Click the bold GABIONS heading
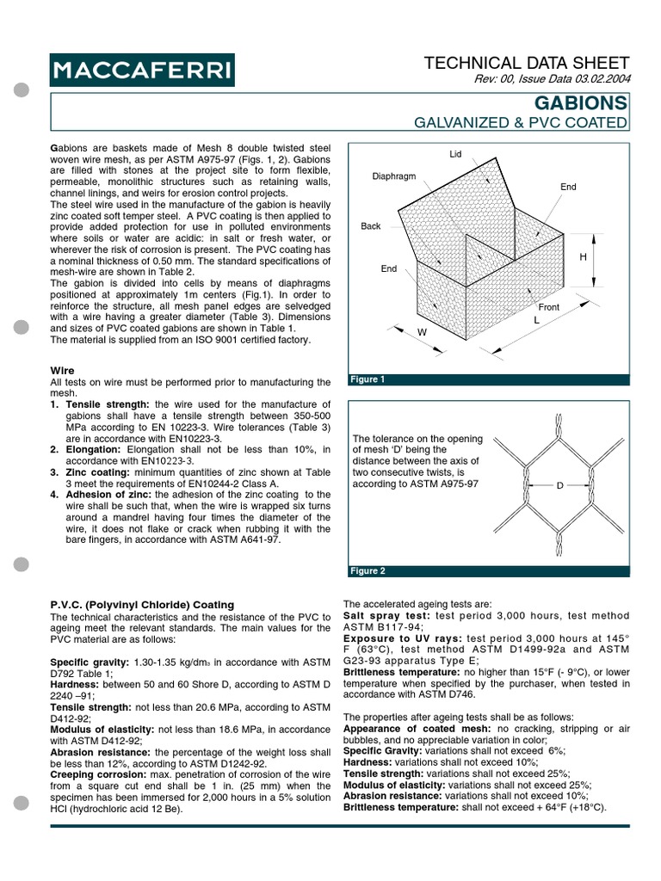pos(582,103)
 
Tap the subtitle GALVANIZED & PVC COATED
pos(522,123)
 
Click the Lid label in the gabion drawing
pos(456,154)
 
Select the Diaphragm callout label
pos(393,176)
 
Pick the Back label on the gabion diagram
pos(370,226)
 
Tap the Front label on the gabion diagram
pos(548,306)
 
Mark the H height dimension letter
pos(582,257)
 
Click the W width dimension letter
pos(422,331)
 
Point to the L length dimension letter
pos(536,320)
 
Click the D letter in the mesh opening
pos(559,486)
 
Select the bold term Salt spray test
pos(385,617)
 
